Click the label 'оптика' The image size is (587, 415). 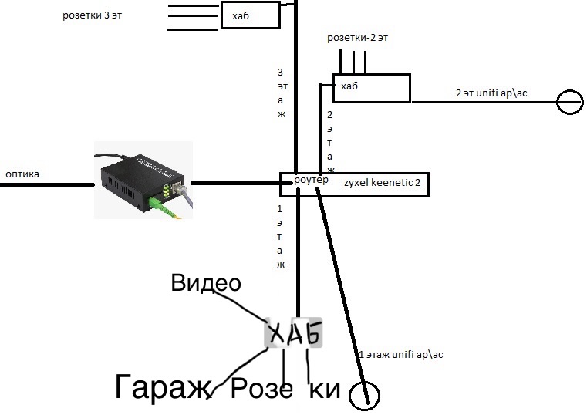point(22,174)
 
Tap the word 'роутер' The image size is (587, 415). point(311,180)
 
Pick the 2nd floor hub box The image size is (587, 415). point(371,88)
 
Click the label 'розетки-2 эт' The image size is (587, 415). point(363,38)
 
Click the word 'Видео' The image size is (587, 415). point(205,283)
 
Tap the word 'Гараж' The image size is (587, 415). point(162,387)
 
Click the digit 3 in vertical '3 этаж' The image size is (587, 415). point(280,72)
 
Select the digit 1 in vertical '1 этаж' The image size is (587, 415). point(280,209)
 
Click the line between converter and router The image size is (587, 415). point(234,184)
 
